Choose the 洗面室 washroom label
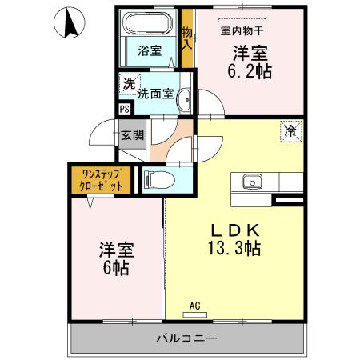pyautogui.click(x=155, y=93)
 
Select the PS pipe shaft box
pyautogui.click(x=124, y=110)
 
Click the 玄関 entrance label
pyautogui.click(x=132, y=134)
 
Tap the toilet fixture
pyautogui.click(x=158, y=180)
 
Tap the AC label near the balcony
pyautogui.click(x=194, y=305)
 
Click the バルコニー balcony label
pyautogui.click(x=186, y=338)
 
